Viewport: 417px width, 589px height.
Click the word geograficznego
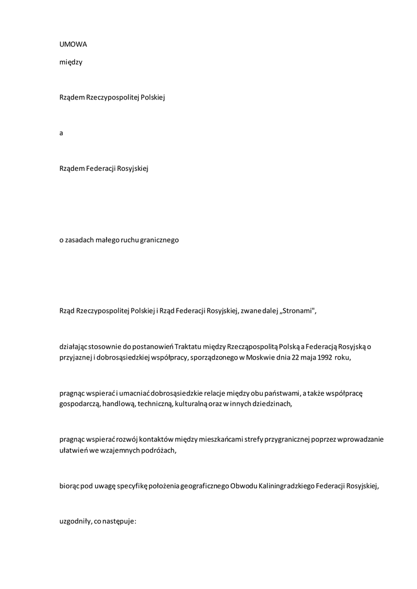coord(203,485)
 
